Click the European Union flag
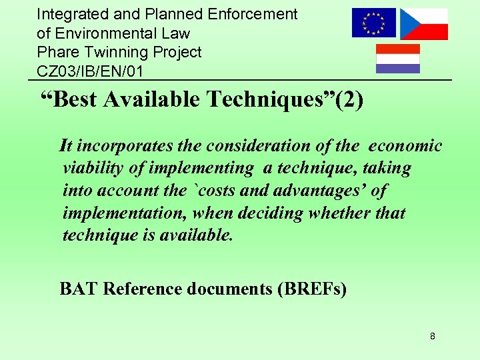tap(373, 23)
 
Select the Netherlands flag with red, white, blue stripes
tap(398, 59)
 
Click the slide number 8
tap(433, 336)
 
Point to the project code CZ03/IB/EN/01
tap(90, 70)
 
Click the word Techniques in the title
tap(268, 99)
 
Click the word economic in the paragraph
tap(405, 146)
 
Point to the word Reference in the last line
tap(141, 289)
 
